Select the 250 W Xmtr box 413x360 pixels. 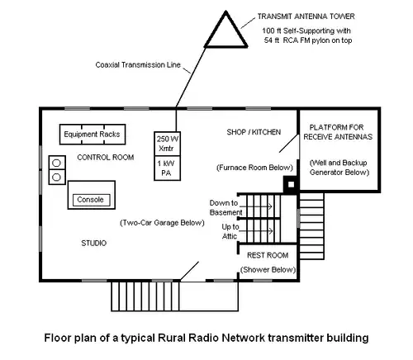coord(167,144)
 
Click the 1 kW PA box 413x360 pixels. coord(167,168)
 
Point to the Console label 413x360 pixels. coord(90,200)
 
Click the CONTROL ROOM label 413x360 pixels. coord(106,158)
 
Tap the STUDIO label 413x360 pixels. coord(94,243)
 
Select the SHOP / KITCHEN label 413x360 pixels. coord(254,132)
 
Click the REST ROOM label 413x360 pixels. coord(268,255)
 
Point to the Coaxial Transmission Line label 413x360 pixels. coord(138,65)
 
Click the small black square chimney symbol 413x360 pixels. coord(291,184)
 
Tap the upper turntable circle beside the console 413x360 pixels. coord(56,163)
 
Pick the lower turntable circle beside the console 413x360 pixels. coord(56,177)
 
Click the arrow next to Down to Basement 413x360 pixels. coord(255,206)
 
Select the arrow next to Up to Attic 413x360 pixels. coord(256,231)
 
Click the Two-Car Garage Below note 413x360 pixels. coord(162,223)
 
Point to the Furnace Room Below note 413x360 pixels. coord(254,168)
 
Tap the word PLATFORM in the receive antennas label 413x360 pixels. coord(322,127)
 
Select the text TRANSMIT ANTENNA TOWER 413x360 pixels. coord(306,17)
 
